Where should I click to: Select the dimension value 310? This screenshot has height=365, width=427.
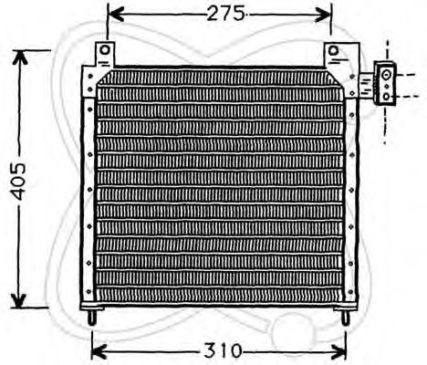tap(221, 350)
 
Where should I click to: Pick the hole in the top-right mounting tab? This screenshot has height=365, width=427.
tap(334, 49)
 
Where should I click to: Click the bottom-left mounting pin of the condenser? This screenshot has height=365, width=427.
tap(93, 318)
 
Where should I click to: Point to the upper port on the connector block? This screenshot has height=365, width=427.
tap(386, 74)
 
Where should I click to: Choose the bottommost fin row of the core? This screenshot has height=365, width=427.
tap(219, 290)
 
